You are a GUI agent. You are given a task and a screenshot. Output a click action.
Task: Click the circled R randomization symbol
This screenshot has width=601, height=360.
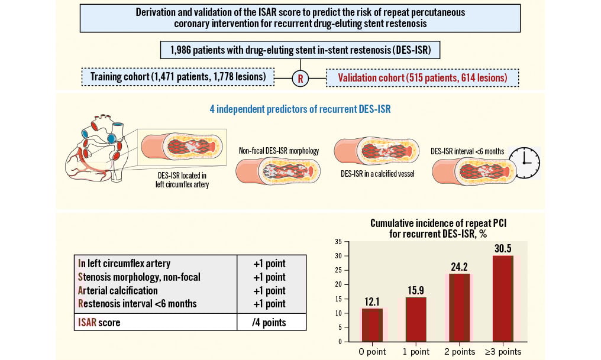[x=300, y=78]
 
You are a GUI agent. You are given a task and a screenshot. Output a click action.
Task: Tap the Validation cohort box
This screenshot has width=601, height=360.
[x=422, y=77]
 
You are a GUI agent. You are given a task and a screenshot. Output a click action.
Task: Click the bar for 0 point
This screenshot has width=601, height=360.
[x=372, y=325]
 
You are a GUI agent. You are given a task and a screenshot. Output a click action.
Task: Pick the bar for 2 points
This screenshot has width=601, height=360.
[x=459, y=307]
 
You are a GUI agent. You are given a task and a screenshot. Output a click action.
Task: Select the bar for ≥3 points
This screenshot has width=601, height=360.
[x=503, y=299]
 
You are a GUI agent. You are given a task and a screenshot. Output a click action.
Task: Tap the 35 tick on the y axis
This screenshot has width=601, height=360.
[x=338, y=242]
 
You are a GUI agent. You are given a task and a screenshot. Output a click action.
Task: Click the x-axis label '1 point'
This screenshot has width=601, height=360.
[x=416, y=352]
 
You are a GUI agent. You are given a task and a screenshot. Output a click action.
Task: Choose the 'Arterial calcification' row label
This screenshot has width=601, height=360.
[x=118, y=291]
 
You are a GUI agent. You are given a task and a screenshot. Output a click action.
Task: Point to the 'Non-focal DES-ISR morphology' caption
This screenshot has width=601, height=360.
[x=279, y=151]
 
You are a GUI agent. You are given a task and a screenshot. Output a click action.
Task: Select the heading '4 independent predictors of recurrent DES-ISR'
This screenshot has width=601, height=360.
[x=300, y=109]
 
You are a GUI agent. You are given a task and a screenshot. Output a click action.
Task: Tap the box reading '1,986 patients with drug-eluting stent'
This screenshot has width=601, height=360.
[x=300, y=50]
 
